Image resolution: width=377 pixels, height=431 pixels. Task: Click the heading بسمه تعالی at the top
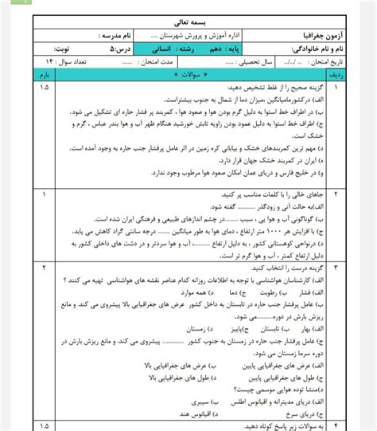[188, 25]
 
